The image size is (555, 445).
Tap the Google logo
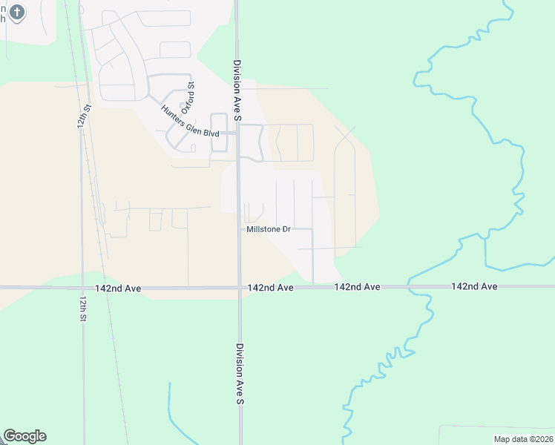[24, 436]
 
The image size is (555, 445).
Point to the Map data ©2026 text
[523, 439]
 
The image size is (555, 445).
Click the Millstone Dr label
[268, 229]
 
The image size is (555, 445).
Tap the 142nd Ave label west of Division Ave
[119, 287]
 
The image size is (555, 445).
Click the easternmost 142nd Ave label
[473, 286]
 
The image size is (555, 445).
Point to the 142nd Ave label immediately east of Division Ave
[271, 287]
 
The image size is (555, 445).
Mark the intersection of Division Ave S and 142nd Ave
[239, 287]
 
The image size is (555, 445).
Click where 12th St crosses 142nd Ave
[82, 287]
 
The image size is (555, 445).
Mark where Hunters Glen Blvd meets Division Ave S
[237, 133]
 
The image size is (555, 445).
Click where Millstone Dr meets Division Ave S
[239, 230]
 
